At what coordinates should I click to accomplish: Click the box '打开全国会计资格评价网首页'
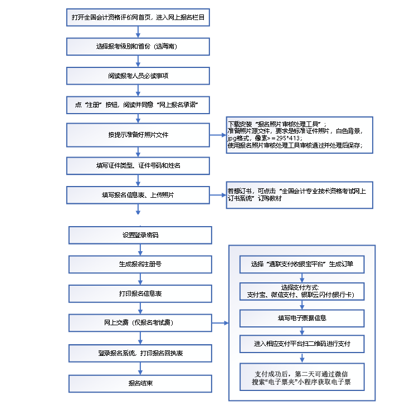tap(138, 17)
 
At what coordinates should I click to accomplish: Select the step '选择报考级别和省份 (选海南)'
tap(138, 46)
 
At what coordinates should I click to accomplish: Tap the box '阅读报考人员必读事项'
tap(138, 75)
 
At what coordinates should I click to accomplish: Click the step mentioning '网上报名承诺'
tap(138, 105)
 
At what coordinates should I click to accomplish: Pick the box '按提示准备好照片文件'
tap(138, 134)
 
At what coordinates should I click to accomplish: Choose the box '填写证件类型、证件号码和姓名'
tap(138, 165)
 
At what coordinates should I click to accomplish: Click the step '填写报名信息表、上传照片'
tap(138, 195)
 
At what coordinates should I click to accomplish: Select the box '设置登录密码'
tap(140, 235)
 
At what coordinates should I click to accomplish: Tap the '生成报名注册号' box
tap(140, 264)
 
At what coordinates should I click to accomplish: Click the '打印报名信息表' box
tap(140, 293)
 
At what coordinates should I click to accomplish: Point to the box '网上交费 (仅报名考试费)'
tap(140, 322)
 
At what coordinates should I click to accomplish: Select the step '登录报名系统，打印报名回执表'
tap(140, 353)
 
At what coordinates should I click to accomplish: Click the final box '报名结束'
tap(140, 383)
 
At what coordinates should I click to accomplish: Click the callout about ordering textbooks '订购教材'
tap(299, 195)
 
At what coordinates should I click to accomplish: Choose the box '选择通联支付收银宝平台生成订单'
tap(302, 265)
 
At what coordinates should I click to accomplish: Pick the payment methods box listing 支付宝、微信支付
tap(302, 291)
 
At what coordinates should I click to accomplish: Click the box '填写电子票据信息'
tap(302, 318)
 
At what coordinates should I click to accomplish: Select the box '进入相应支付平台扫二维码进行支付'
tap(302, 344)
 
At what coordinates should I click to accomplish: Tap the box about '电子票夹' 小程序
tap(302, 377)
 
